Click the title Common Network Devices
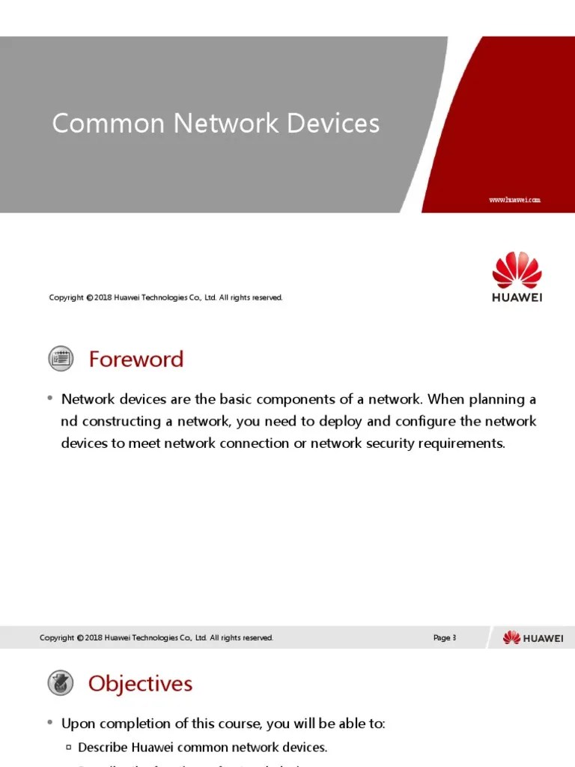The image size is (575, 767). point(216,124)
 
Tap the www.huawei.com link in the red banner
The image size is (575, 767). point(514,200)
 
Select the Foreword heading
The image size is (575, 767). point(136,360)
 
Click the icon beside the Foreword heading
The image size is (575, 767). point(61,359)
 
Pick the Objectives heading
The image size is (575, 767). point(140,684)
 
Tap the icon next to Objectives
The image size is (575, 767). point(61,683)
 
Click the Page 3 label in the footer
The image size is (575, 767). point(444,638)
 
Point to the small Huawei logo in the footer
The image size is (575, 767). point(533,638)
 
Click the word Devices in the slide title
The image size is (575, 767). point(332,124)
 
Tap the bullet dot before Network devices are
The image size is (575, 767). point(49,398)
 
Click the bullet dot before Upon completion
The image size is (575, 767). point(49,724)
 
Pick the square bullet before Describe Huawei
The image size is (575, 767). point(68,748)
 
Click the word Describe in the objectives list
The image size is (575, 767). point(103,748)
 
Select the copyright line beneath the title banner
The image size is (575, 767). point(165,298)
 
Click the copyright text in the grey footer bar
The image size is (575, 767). point(156,638)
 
